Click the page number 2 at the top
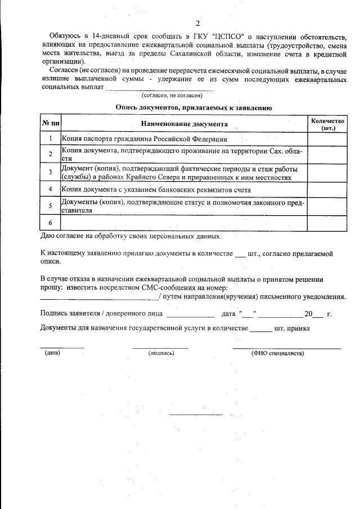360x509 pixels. point(197,23)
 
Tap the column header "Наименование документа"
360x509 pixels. point(184,124)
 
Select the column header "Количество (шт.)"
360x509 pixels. point(327,124)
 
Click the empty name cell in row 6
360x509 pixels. point(184,223)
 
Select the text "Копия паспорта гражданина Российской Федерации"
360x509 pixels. point(144,139)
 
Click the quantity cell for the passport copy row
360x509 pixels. point(327,138)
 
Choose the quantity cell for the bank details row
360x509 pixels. point(327,189)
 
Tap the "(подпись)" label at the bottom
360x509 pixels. point(161,353)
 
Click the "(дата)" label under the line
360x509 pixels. point(52,353)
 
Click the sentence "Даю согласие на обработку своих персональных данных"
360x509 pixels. point(131,236)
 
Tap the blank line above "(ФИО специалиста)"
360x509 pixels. point(286,348)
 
